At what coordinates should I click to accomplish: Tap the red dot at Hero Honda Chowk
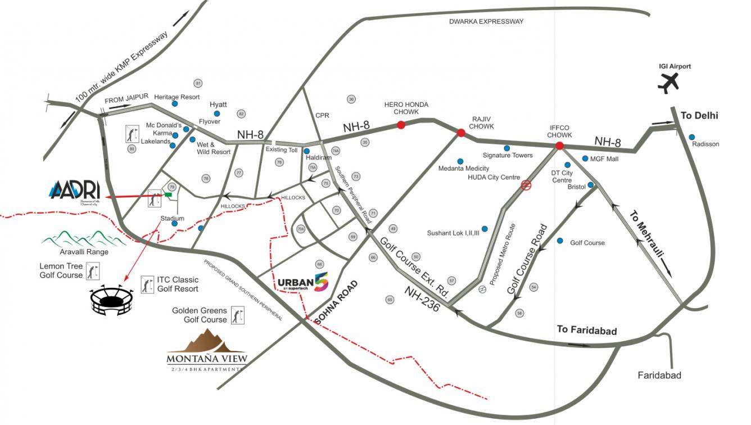[x=401, y=125]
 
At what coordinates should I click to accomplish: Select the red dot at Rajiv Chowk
[x=461, y=133]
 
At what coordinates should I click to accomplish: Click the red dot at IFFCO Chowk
[x=559, y=146]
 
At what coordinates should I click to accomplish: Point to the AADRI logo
[x=74, y=190]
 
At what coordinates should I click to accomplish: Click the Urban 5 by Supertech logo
[x=303, y=282]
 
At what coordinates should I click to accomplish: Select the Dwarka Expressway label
[x=486, y=21]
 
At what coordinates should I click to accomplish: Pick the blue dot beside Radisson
[x=692, y=137]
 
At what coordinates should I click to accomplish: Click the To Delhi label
[x=699, y=116]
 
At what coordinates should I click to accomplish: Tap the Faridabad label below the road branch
[x=659, y=375]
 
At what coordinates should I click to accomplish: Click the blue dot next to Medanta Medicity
[x=460, y=161]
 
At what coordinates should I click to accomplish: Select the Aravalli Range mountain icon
[x=77, y=239]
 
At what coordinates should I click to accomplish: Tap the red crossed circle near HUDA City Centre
[x=526, y=184]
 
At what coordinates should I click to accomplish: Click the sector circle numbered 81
[x=198, y=84]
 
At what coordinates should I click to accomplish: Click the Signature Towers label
[x=508, y=155]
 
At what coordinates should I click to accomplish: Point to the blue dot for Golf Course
[x=560, y=241]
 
